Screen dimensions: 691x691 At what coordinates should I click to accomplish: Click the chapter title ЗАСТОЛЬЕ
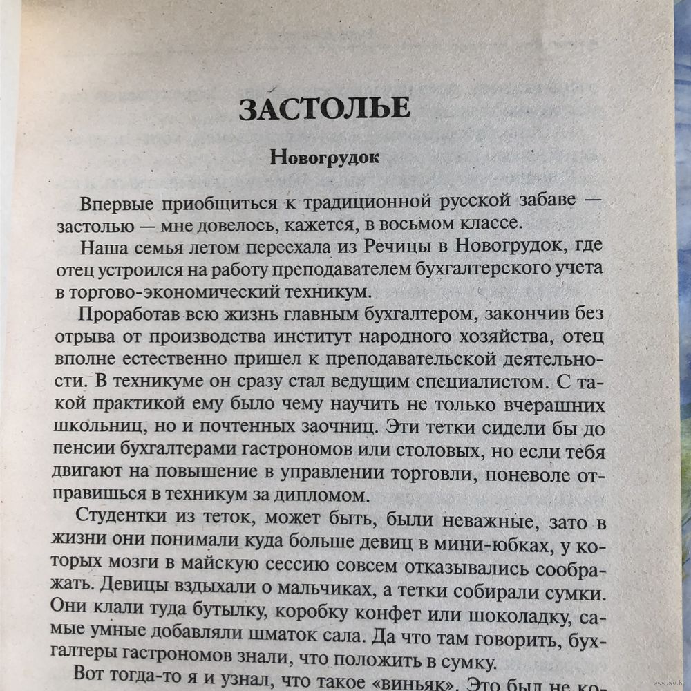click(x=325, y=109)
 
